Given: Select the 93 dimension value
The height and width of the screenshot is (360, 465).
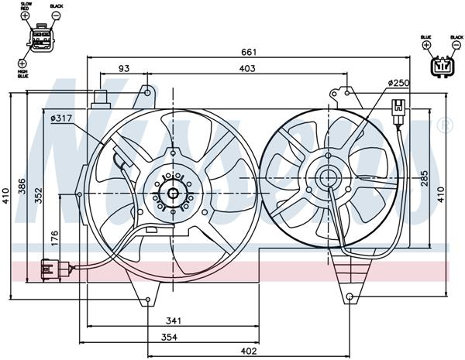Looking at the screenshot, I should (124, 69).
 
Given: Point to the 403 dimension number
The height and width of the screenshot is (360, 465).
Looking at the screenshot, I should (246, 69).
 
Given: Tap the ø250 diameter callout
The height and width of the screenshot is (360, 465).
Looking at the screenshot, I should (398, 83).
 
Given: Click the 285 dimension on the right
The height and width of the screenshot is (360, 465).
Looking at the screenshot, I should (424, 180).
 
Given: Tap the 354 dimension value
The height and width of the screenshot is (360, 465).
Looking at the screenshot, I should (180, 337).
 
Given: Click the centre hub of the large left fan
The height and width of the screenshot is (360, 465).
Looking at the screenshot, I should (172, 194).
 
